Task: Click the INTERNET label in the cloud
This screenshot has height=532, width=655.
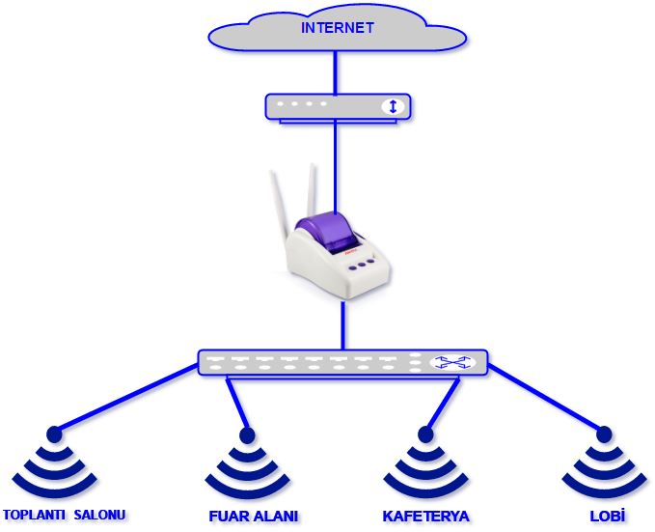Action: (337, 28)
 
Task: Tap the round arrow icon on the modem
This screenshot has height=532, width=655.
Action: (392, 106)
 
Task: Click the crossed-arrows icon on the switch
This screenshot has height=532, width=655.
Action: (452, 362)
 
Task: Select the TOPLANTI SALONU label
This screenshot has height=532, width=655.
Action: (65, 515)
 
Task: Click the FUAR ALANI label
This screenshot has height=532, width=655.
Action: (253, 516)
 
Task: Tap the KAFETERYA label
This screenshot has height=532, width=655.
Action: (425, 516)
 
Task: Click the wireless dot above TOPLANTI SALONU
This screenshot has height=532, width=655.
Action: (54, 434)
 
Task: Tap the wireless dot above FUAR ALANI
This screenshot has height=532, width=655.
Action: (247, 435)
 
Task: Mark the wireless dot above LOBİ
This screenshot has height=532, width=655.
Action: (604, 434)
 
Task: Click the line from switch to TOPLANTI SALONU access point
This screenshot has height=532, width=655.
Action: (125, 397)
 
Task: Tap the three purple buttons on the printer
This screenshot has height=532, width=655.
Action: (359, 264)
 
